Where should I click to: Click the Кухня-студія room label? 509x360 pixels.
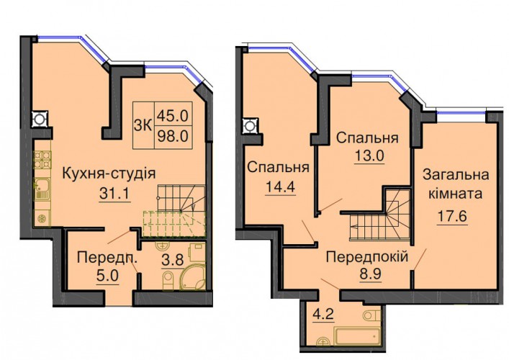coord(109,174)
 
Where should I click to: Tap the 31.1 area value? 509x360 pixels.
coord(114,194)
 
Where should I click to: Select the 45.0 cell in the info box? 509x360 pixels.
coord(173,115)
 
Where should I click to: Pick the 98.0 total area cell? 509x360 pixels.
coord(173,136)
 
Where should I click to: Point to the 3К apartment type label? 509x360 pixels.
coord(143,125)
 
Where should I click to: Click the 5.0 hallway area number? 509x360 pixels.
coord(107,276)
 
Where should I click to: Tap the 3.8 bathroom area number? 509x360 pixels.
coord(173,260)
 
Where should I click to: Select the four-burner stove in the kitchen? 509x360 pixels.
coord(42,160)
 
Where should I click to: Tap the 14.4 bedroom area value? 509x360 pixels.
coord(281,187)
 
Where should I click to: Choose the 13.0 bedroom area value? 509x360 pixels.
coord(369,156)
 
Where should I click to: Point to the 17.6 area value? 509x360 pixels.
coord(453,216)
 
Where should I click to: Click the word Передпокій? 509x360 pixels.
coord(367,257)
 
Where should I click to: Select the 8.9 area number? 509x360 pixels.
coord(369,274)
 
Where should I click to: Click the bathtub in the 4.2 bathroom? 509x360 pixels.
coord(357,336)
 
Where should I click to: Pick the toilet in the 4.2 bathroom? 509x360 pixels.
coord(371,315)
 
